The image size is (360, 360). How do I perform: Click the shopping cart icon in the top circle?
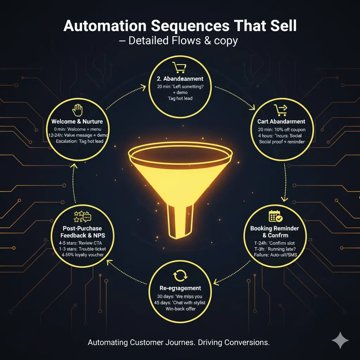point(179,67)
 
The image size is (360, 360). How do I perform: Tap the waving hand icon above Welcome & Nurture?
point(77,110)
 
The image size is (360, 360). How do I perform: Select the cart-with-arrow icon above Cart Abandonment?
point(280,110)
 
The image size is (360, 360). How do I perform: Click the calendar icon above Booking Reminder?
point(275,217)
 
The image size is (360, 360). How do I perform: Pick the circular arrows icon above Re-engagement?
point(179,276)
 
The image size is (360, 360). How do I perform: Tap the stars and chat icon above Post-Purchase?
point(82,217)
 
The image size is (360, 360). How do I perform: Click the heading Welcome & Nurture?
point(77,121)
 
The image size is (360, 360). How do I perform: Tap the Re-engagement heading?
point(180,288)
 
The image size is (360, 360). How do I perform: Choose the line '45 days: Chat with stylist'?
point(180,303)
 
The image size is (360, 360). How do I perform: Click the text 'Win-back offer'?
point(180,309)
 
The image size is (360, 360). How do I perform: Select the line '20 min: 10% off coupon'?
point(280,130)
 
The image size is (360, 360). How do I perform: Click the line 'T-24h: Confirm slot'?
point(275,243)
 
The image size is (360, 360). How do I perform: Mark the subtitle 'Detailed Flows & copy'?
point(183,41)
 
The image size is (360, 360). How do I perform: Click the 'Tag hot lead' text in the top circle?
point(180,98)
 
